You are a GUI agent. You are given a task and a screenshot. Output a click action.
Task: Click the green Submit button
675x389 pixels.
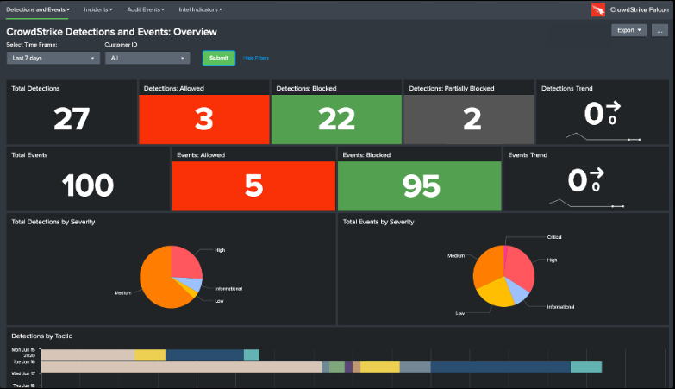point(219,58)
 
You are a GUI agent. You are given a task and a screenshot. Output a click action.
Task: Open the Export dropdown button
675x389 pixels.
point(628,30)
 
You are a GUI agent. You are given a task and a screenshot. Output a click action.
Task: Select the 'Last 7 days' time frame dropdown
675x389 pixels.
point(53,58)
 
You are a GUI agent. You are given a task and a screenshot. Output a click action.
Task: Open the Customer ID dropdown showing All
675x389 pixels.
point(147,58)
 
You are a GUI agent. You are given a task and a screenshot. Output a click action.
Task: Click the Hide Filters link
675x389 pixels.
point(256,58)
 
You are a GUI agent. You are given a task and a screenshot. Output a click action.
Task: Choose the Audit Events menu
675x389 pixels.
point(149,9)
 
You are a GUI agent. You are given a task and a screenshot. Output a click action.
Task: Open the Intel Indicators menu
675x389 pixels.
point(200,9)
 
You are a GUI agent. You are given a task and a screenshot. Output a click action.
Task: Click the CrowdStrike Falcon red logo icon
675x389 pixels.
point(598,9)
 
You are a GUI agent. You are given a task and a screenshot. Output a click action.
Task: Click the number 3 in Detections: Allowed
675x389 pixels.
point(203,119)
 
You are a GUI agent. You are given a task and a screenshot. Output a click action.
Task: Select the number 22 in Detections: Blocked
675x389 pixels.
point(337,119)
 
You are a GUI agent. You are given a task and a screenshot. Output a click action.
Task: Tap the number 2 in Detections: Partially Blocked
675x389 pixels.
point(472,119)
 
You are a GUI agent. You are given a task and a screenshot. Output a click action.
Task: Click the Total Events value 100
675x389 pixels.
point(88,185)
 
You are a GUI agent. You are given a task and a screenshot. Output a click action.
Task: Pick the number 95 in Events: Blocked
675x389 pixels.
point(418,185)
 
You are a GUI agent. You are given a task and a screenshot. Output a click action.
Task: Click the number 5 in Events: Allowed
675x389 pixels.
point(253,185)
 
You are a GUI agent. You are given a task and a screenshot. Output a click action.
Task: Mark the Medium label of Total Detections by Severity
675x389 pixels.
point(122,293)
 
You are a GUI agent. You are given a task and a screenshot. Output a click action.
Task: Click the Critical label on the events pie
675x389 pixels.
point(554,236)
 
